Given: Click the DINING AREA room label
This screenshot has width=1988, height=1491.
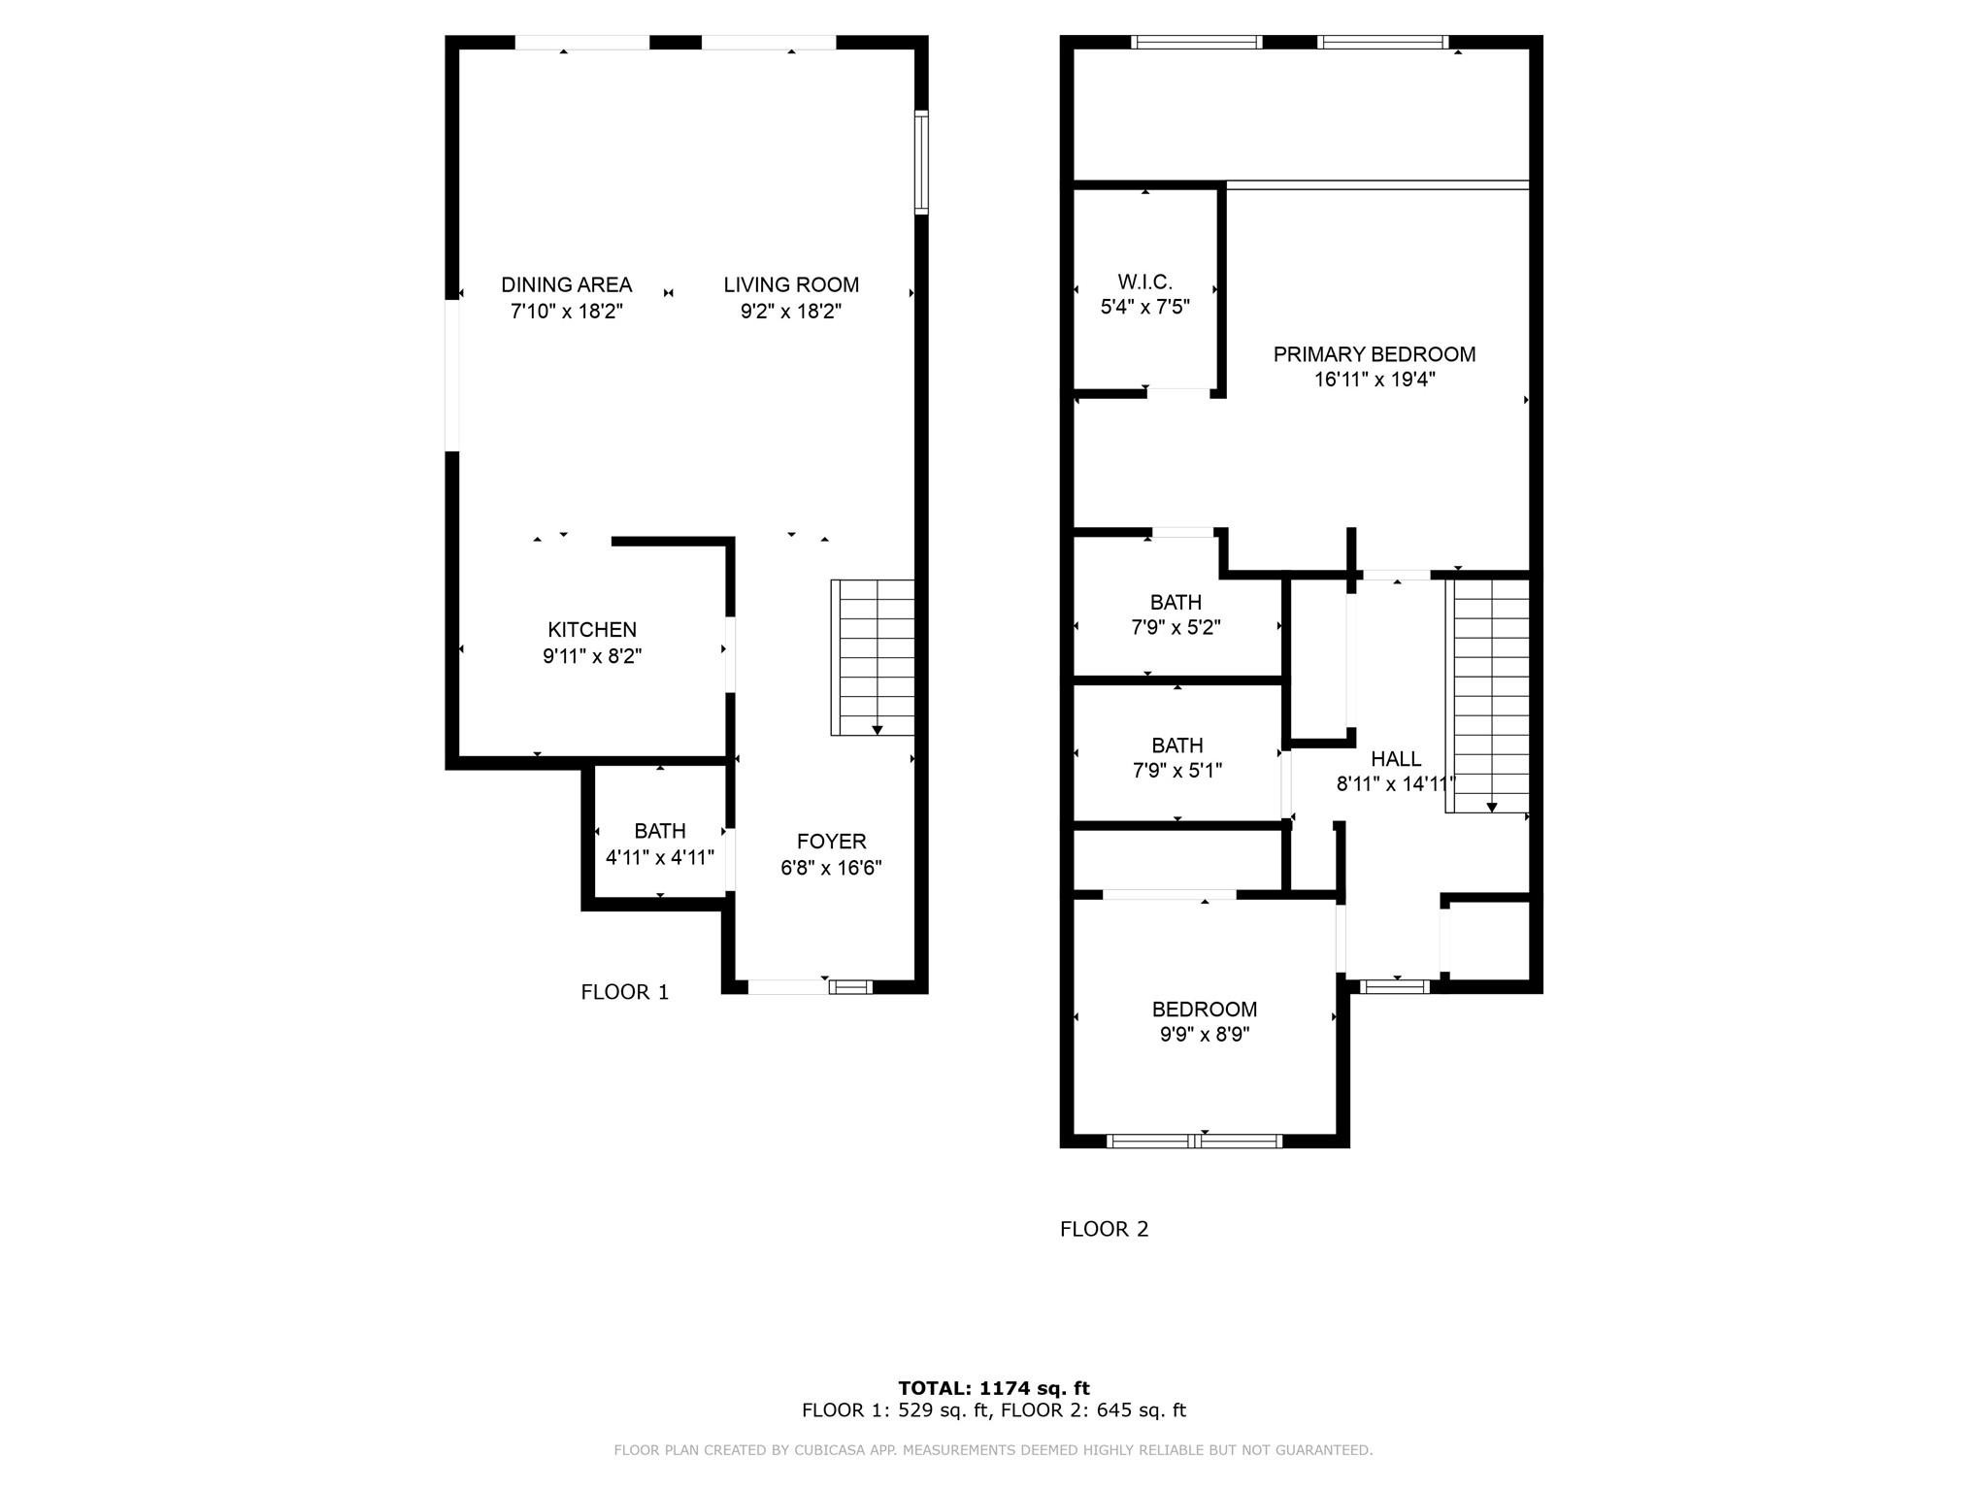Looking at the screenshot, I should coord(566,284).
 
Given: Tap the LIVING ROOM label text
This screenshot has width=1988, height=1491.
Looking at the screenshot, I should coord(791,284).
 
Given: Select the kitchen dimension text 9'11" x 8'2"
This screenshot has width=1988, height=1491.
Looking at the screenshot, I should coord(592,656).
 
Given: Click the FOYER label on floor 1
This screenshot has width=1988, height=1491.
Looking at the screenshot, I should coord(831,842).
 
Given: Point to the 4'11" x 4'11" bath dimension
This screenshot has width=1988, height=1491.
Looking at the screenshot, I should coord(660,858).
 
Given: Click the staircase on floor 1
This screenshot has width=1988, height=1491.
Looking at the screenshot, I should coord(873,657).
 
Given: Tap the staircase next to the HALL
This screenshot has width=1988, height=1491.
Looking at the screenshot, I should coord(1487,695).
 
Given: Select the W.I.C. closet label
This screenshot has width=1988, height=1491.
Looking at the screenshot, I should coord(1144,282).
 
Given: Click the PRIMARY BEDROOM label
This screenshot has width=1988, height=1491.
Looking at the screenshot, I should coord(1374,354).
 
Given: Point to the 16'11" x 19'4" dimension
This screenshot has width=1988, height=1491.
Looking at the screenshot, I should coord(1374,380).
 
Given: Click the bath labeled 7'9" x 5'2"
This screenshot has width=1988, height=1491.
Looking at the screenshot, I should coord(1176,614).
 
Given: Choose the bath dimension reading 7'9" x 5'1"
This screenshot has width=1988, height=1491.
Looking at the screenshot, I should coord(1176,771).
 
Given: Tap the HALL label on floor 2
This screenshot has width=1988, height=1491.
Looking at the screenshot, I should coord(1396,759).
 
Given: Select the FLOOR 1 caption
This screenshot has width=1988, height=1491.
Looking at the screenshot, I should coord(624,992).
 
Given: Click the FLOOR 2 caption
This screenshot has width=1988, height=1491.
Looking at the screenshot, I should coord(1104,1229).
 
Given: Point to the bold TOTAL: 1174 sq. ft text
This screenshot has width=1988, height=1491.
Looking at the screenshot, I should coord(993,1388).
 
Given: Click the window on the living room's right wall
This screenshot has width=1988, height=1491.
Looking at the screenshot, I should coord(921,162).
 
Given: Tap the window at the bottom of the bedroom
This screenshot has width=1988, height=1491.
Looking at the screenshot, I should coord(1194,1141).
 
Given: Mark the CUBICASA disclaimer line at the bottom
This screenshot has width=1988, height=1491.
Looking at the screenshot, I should coord(993,1450).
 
